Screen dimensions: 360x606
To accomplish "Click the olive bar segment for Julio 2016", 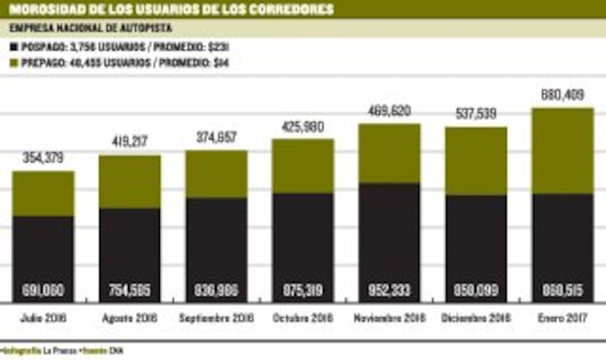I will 44,194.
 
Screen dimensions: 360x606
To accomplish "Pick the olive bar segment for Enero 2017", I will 562,151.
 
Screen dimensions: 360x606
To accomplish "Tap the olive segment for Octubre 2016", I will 303,166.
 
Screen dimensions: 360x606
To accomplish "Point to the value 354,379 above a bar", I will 44,159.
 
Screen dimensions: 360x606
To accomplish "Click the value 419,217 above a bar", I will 130,143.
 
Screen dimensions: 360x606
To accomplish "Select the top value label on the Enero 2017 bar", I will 562,96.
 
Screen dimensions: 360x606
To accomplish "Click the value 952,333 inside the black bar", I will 389,292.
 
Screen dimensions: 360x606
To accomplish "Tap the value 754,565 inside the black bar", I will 130,292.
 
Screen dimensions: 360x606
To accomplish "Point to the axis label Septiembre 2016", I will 216,319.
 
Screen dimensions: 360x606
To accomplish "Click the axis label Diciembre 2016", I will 475,319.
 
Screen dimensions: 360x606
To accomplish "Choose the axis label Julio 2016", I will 44,319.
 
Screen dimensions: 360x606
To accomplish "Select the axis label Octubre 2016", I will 303,319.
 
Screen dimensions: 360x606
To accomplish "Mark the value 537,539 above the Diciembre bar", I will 475,114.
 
